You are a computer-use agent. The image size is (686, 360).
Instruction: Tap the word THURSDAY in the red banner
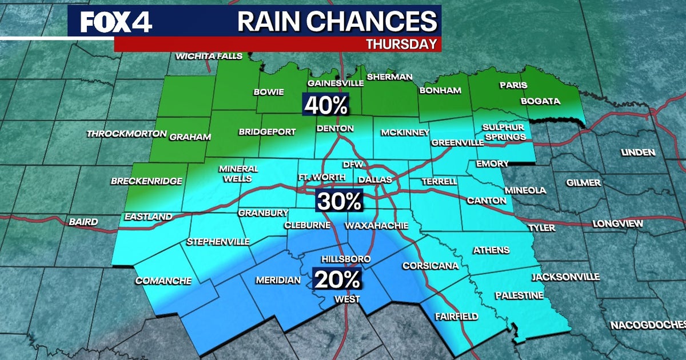[x=402, y=43]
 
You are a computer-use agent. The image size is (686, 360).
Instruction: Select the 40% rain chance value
[x=326, y=105]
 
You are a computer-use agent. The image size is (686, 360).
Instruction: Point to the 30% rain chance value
[x=340, y=201]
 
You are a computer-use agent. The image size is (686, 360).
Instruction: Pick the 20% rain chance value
[x=337, y=279]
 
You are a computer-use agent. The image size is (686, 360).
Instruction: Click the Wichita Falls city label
[x=209, y=56]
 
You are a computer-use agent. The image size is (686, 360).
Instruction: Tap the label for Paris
[x=513, y=85]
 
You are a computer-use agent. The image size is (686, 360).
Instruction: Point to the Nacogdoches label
[x=647, y=325]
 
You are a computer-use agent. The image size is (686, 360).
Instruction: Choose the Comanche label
[x=163, y=281]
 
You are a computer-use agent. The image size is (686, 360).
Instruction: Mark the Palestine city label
[x=519, y=295]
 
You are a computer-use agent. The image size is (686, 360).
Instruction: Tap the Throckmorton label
[x=126, y=134]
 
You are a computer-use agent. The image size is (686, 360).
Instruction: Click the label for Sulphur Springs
[x=503, y=132]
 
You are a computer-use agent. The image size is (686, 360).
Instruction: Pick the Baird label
[x=83, y=222]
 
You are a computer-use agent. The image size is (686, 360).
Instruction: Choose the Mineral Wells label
[x=238, y=173]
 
